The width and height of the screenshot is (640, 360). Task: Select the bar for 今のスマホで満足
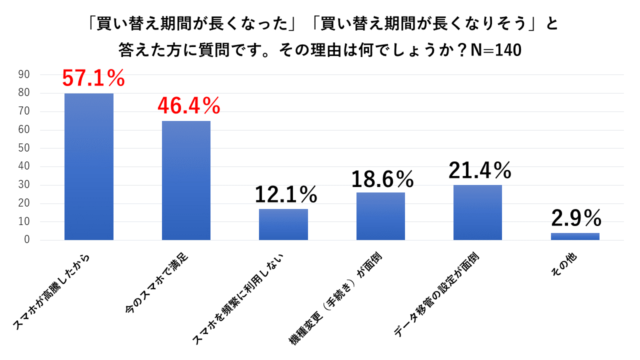point(186,180)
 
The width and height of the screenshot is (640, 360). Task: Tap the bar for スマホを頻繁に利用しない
point(283,224)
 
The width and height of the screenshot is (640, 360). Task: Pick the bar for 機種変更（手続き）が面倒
point(380,216)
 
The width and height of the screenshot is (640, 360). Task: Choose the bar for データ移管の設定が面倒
point(477,212)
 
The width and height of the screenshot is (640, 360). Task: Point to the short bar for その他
point(575,236)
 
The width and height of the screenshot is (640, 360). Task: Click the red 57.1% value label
point(93,78)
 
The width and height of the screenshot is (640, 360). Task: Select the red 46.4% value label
point(189,105)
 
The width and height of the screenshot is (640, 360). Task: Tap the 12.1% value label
point(286,194)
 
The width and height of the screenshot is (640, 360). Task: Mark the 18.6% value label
point(382,178)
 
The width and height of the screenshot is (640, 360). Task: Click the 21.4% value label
point(480,170)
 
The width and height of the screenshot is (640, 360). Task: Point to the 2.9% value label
point(576,218)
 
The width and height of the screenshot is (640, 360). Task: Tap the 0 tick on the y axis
point(27,240)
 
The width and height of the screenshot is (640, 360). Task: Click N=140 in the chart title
point(492,50)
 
